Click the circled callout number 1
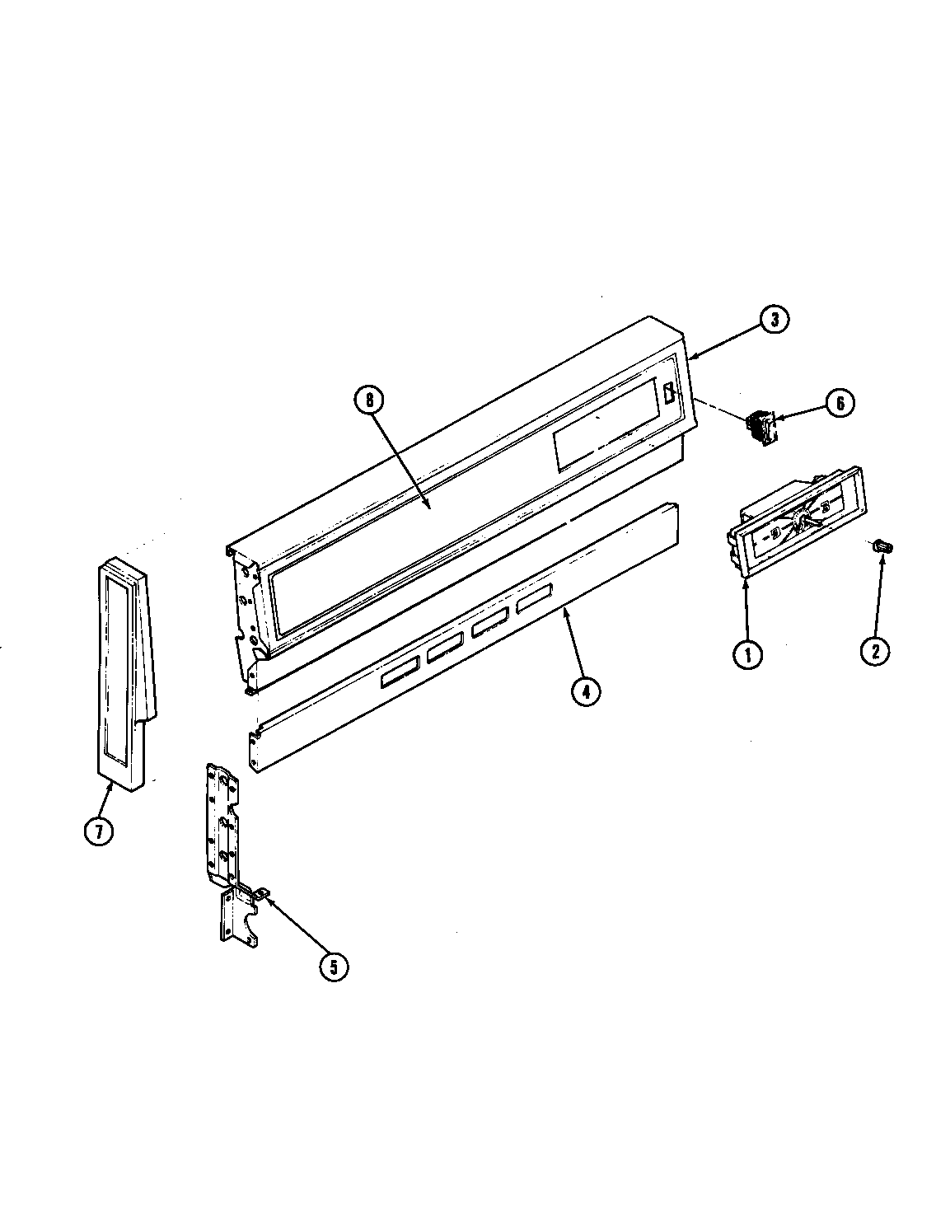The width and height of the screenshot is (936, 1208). (x=747, y=655)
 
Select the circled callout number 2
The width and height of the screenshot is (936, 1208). (x=874, y=651)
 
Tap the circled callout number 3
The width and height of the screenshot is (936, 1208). (x=774, y=320)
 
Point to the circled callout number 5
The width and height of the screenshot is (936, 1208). (x=333, y=967)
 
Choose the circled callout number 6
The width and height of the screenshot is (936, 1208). (x=840, y=403)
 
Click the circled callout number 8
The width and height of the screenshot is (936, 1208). (x=368, y=400)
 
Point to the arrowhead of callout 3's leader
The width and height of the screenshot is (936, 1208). (x=690, y=358)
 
